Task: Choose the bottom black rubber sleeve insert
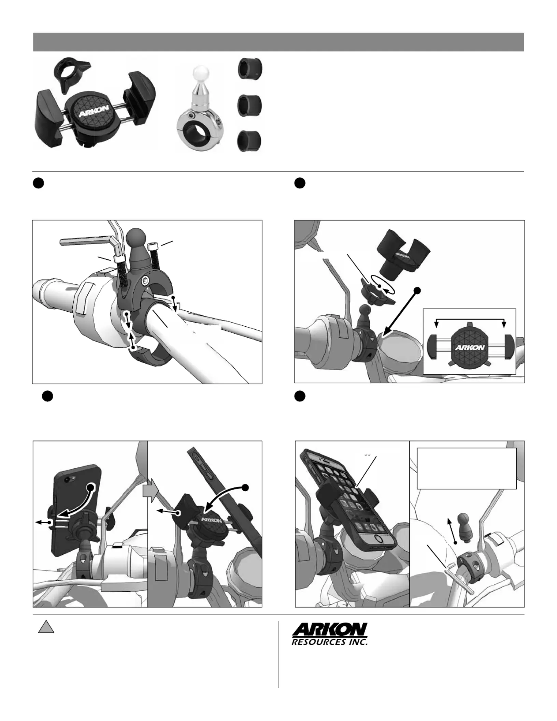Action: tap(250, 141)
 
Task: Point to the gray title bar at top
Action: tap(278, 42)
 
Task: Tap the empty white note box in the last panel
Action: tap(467, 468)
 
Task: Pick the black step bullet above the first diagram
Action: tap(39, 183)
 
